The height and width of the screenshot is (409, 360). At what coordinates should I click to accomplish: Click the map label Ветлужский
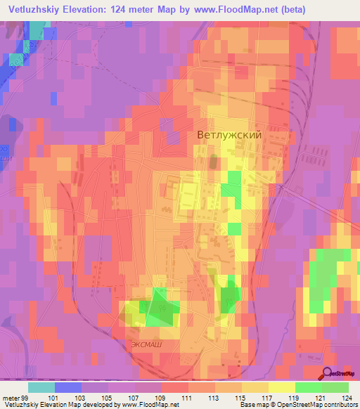(229, 135)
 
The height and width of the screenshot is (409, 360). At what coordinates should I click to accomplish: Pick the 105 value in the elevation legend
(108, 397)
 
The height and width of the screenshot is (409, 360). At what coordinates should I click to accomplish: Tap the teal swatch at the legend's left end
(41, 387)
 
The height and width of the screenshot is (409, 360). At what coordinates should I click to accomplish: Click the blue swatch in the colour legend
(68, 387)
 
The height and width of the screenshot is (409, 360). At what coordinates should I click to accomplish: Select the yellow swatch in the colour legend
(282, 387)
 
